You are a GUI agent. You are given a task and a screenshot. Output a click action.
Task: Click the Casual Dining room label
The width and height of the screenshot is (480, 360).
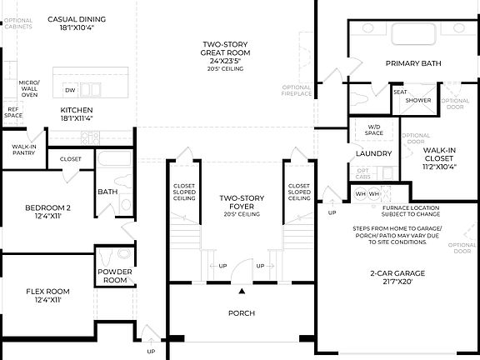[76, 18]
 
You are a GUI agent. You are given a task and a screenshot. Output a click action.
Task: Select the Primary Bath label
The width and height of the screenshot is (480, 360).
[413, 63]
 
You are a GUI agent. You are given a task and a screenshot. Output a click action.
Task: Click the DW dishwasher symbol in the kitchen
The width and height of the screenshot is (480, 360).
[70, 89]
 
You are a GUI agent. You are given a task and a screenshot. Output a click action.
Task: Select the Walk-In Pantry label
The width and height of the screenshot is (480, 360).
[22, 150]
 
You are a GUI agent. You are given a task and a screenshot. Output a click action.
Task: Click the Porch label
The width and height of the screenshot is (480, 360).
[242, 313]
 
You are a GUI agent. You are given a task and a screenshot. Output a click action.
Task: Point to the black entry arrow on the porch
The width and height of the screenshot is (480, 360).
[242, 292]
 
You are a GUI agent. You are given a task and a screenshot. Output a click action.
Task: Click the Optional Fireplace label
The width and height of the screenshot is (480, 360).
[297, 90]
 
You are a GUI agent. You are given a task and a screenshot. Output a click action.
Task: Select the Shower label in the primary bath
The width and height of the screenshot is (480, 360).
[417, 100]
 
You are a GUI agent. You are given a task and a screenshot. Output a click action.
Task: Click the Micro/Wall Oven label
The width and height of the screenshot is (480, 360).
[30, 88]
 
